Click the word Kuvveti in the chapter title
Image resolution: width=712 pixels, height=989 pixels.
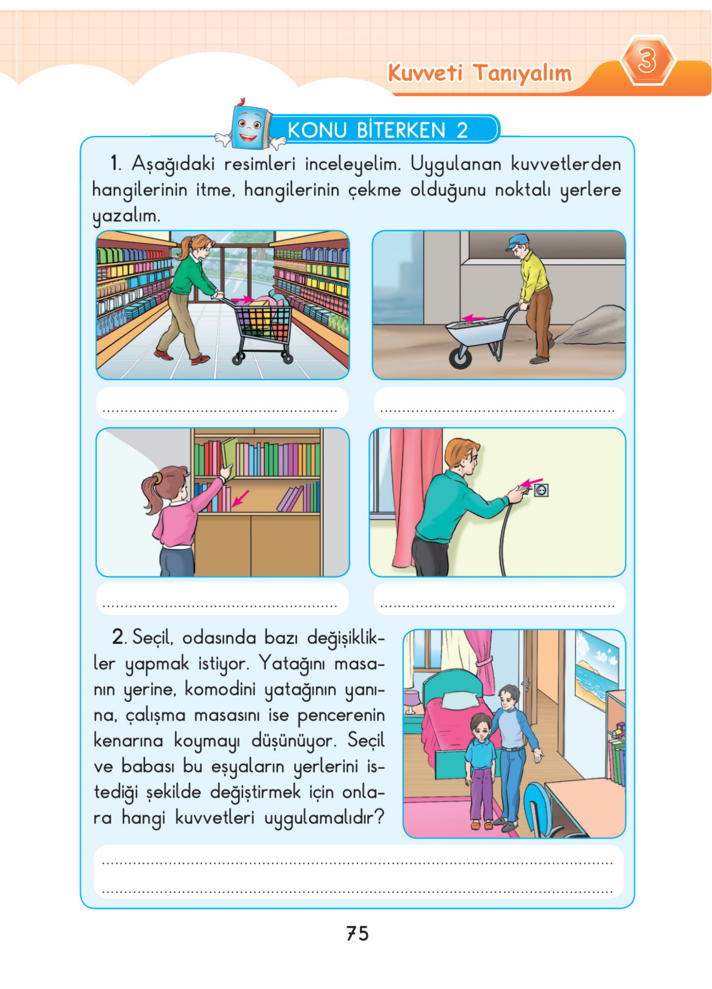[425, 72]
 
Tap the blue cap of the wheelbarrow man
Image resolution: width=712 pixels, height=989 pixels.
[517, 242]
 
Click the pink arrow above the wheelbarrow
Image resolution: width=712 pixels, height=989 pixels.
[473, 318]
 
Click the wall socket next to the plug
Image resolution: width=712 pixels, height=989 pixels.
[541, 490]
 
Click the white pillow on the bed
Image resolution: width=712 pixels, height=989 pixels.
[458, 699]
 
